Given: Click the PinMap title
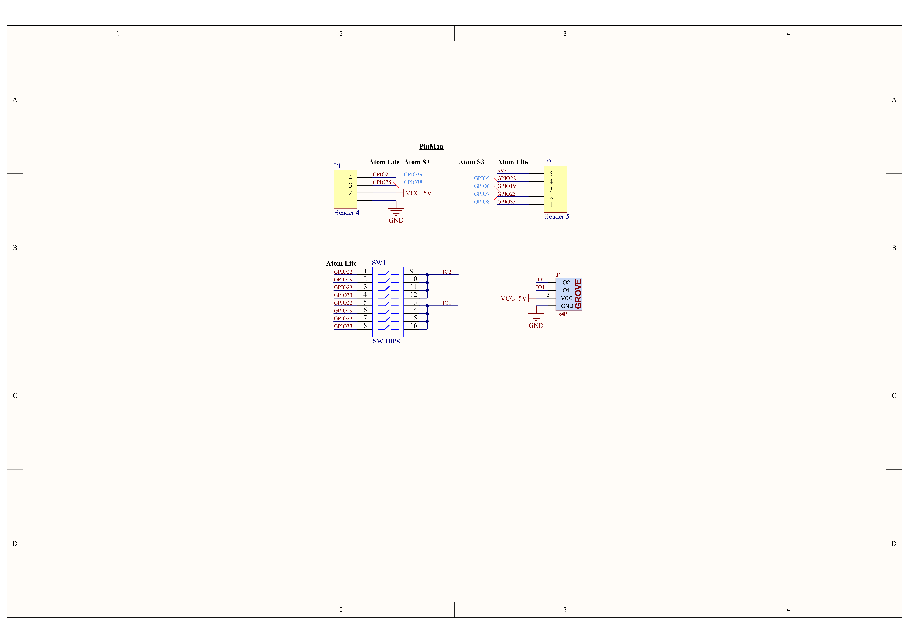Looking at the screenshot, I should (x=431, y=147).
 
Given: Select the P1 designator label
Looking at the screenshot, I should (x=337, y=166).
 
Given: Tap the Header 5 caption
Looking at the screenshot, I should (x=556, y=217).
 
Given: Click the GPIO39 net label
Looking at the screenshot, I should (x=413, y=174).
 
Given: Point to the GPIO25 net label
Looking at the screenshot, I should (x=382, y=182).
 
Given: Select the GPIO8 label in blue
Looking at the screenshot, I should (x=481, y=202).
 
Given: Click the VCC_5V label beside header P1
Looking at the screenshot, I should (x=418, y=193).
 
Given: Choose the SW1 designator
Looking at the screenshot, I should (x=379, y=263).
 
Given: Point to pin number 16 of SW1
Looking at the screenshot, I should (x=413, y=326).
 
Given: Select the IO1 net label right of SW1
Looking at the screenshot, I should (x=447, y=303).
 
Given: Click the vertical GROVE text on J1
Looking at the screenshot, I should (x=578, y=294).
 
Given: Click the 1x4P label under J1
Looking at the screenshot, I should (x=561, y=314).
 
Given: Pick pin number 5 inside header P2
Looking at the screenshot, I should (x=551, y=174).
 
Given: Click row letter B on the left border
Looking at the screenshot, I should (x=15, y=248).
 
